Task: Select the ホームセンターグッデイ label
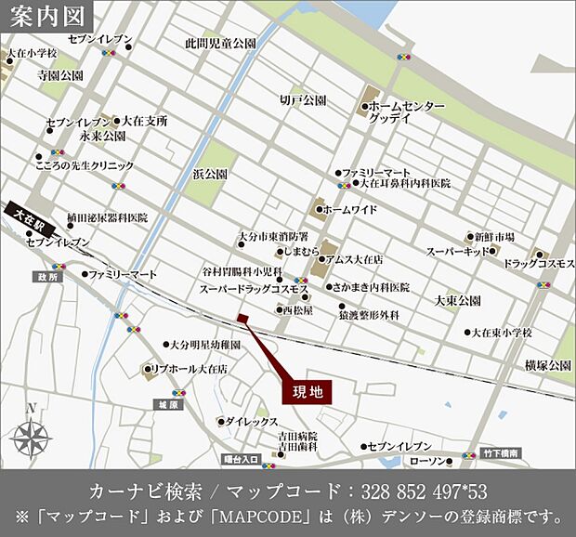[402, 112]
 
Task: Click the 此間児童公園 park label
[219, 44]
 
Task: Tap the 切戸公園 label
[302, 99]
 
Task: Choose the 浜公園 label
[210, 174]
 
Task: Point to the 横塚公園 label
[547, 366]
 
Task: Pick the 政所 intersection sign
[47, 277]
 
